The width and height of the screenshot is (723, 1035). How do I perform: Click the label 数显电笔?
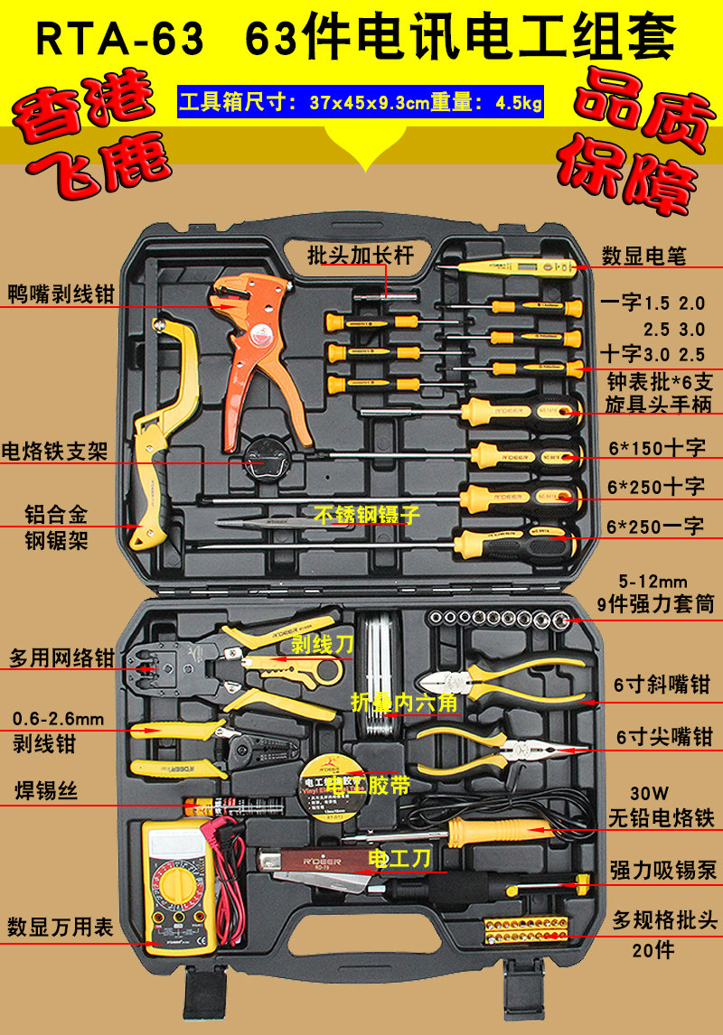pos(644,256)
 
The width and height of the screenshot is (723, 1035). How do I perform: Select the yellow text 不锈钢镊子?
pos(368,516)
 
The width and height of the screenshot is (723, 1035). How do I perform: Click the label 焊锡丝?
pos(43,792)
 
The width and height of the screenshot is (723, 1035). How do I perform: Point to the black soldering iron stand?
pos(264,462)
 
